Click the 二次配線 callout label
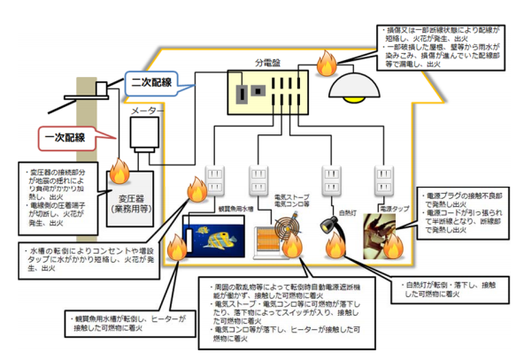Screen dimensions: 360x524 point(151,81)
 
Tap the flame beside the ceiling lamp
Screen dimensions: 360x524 point(325,64)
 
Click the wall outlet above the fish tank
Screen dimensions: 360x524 point(217,180)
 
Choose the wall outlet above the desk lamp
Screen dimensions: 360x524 point(334,180)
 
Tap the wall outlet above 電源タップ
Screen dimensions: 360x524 point(384,180)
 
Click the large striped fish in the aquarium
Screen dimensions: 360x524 point(218,236)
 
